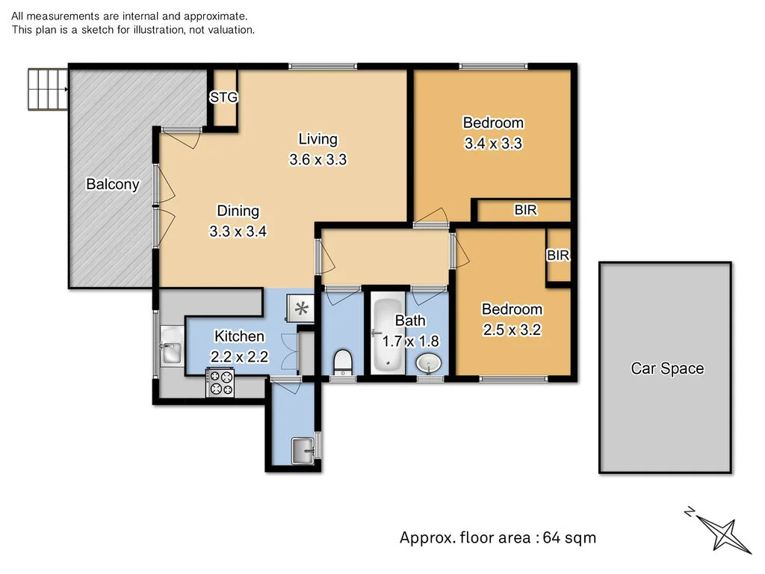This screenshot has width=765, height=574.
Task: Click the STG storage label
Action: (223, 97)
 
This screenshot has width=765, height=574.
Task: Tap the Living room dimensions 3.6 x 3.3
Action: (318, 159)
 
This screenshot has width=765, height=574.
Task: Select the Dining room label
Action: (238, 211)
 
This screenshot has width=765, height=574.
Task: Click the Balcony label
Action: (112, 184)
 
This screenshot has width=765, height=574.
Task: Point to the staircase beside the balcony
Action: (47, 90)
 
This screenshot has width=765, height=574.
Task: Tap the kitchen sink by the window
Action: (171, 352)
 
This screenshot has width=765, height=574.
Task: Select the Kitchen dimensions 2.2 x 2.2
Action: (239, 357)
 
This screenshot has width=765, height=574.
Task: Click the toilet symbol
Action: (341, 362)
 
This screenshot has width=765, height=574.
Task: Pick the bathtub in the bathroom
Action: (386, 336)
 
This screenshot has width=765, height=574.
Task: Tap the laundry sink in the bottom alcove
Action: (303, 448)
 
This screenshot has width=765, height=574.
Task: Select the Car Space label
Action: (667, 368)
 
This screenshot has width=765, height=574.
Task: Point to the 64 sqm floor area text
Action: (498, 537)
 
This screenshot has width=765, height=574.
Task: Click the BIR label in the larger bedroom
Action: (525, 211)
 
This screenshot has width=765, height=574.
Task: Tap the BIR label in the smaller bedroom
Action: (558, 256)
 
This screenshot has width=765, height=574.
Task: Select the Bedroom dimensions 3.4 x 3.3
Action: (493, 143)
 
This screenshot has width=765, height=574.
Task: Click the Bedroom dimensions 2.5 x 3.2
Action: (512, 330)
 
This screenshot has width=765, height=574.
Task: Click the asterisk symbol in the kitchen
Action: (302, 308)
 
